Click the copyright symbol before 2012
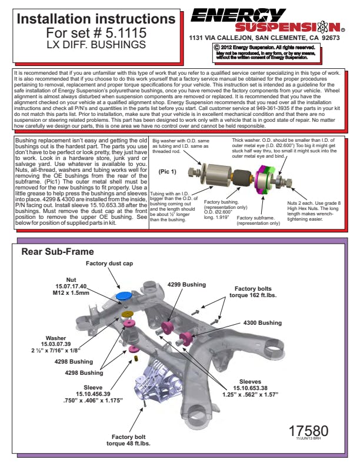(217, 46)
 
